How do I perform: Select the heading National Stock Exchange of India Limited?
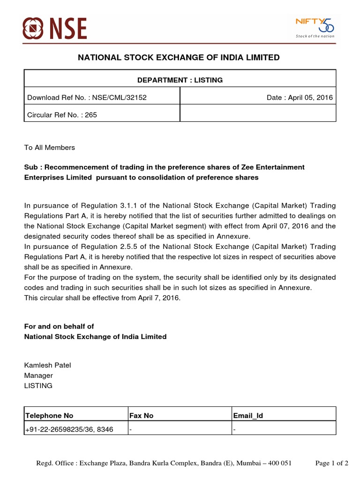pyautogui.click(x=178, y=58)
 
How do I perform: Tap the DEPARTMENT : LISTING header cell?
pyautogui.click(x=180, y=80)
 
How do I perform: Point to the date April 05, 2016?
pyautogui.click(x=310, y=97)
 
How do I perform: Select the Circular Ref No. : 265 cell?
pyautogui.click(x=62, y=114)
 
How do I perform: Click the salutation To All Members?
pyautogui.click(x=49, y=148)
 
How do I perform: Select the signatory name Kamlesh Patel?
pyautogui.click(x=47, y=365)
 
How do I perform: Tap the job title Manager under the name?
pyautogui.click(x=38, y=375)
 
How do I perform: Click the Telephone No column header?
pyautogui.click(x=49, y=416)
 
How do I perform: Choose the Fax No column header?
pyautogui.click(x=142, y=416)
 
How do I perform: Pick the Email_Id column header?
pyautogui.click(x=248, y=416)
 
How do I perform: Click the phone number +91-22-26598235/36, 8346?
pyautogui.click(x=69, y=429)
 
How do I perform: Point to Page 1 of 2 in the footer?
pyautogui.click(x=332, y=464)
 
